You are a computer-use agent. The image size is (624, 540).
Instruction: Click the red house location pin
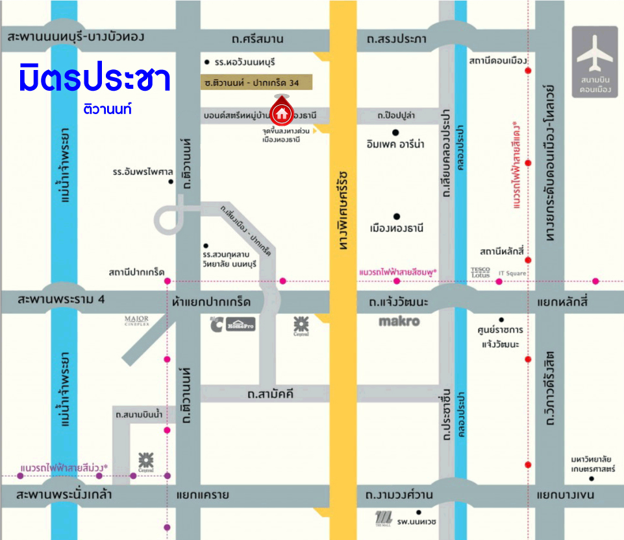click(282, 112)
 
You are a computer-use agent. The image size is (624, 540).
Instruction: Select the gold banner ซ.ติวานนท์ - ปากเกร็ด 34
click(256, 82)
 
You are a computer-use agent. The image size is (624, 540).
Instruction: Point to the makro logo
click(399, 322)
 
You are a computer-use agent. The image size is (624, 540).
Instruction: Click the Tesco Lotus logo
click(480, 272)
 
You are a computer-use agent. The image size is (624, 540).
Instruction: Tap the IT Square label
click(512, 274)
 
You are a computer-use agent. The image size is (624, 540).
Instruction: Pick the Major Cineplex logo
click(137, 321)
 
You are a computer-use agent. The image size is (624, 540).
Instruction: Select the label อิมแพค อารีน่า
click(395, 145)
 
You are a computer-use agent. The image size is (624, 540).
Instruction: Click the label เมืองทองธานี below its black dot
click(396, 228)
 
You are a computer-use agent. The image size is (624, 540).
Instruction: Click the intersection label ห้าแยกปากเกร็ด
click(212, 302)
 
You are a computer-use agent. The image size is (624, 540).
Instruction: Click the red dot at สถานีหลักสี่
click(529, 260)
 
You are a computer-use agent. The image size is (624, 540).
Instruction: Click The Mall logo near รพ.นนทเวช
click(384, 519)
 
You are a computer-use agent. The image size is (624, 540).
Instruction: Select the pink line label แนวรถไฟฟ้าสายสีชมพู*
click(398, 273)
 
